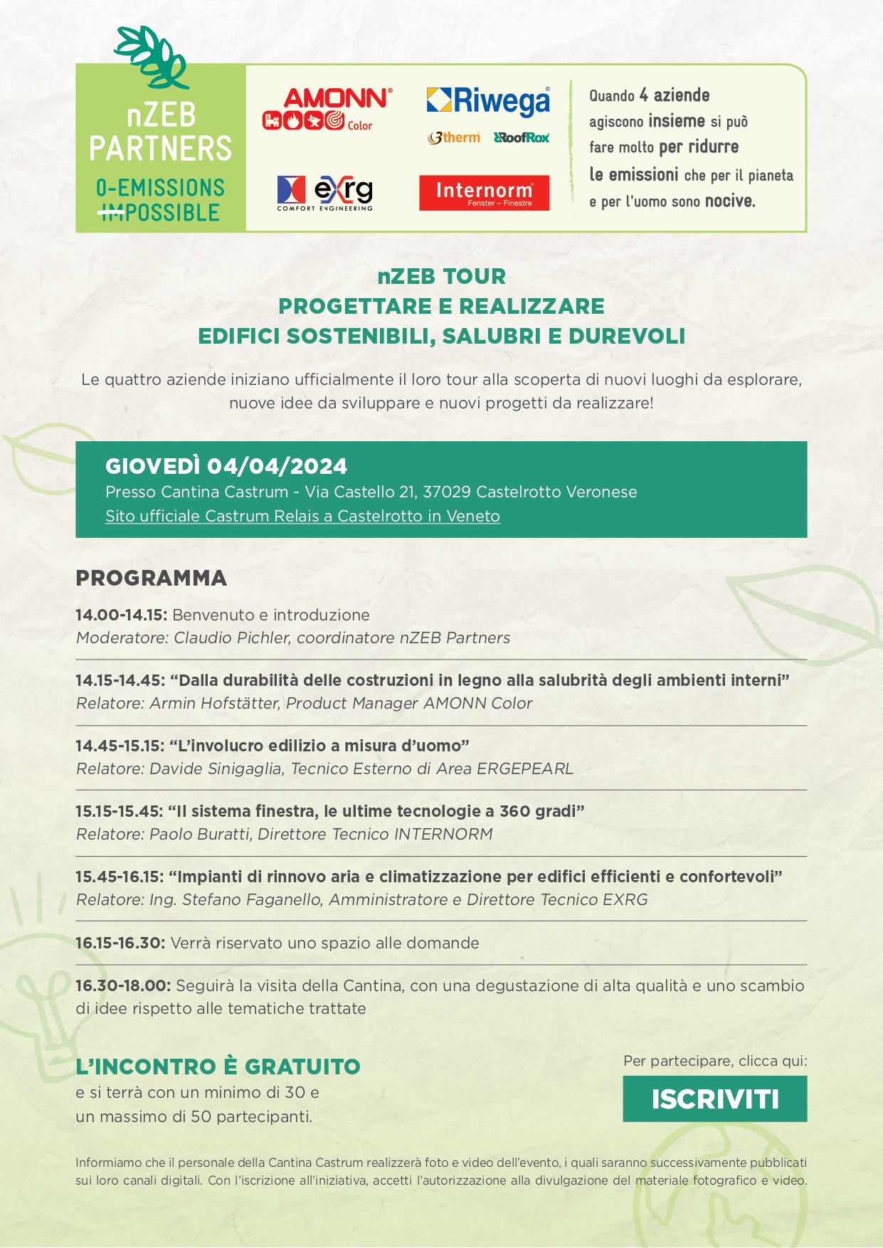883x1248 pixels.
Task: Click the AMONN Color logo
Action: tap(327, 109)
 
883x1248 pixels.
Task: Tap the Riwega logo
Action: tap(488, 100)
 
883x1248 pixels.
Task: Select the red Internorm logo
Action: tap(484, 193)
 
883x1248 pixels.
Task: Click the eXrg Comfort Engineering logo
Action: tap(324, 192)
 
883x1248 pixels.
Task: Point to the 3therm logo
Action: tap(454, 137)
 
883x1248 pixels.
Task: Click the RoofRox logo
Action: tap(522, 137)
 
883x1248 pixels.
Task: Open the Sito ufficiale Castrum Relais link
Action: tap(302, 516)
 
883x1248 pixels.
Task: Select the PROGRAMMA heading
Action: tap(151, 578)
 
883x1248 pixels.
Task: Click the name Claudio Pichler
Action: tap(232, 638)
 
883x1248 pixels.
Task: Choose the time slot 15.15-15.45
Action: tap(120, 811)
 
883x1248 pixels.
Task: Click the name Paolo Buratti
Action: tap(200, 834)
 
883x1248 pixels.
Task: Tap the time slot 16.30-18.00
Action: tap(122, 985)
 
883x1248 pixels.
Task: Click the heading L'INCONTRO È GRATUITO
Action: tap(218, 1067)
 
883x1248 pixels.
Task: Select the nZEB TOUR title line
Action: tap(441, 276)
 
